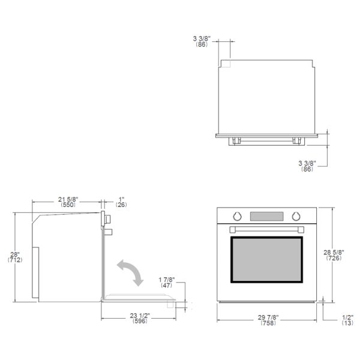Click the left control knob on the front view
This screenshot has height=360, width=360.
(x=237, y=216)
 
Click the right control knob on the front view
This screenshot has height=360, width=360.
(x=296, y=216)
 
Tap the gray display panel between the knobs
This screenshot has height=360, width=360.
(x=266, y=216)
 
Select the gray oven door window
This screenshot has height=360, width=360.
(x=266, y=260)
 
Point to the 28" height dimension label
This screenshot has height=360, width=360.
(x=15, y=254)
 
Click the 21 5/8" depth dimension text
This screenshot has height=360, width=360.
(x=68, y=199)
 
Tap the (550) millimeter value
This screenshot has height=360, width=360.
(x=68, y=205)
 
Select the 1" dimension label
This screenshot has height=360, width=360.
(x=121, y=199)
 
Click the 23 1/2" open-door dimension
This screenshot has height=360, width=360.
(x=140, y=316)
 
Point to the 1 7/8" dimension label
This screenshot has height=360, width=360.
(x=167, y=280)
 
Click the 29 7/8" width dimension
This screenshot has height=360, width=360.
(x=268, y=317)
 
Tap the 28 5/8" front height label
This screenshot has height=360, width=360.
(x=334, y=253)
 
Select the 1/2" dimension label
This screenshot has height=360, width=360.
(x=348, y=317)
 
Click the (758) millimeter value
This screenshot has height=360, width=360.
(x=268, y=323)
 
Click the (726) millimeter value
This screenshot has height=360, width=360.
(x=334, y=258)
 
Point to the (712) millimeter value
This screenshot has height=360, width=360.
(x=15, y=260)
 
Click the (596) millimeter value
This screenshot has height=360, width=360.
(x=140, y=321)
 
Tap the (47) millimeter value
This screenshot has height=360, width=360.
(x=166, y=286)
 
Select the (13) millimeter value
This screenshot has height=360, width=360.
(x=347, y=323)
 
